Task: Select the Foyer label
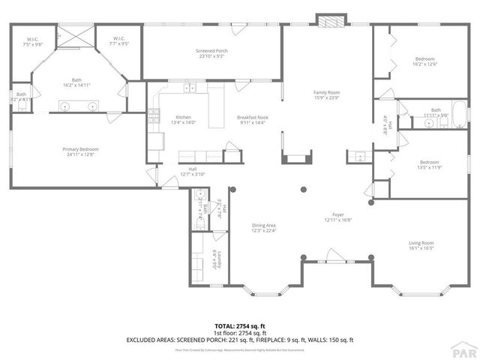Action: click(x=338, y=217)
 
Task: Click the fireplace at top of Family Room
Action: click(x=327, y=20)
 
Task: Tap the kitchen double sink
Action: click(x=190, y=88)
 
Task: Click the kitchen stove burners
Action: click(x=154, y=116)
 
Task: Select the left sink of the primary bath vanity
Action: click(x=66, y=108)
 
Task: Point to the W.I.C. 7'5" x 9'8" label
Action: click(x=34, y=42)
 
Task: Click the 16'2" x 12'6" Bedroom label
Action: click(x=425, y=61)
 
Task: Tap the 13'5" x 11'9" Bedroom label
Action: click(x=428, y=165)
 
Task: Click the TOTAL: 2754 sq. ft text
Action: click(x=240, y=326)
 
